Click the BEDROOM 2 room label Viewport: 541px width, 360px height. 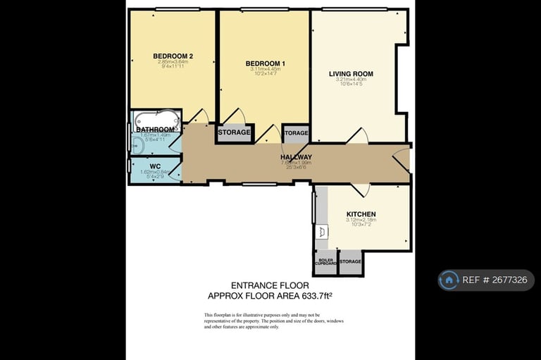pos(173,56)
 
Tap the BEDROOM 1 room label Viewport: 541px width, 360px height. pos(265,63)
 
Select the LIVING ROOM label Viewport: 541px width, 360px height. pos(351,74)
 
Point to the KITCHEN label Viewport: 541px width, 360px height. pos(361,214)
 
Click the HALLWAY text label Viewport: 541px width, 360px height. pos(296,157)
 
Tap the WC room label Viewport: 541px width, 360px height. pos(155,167)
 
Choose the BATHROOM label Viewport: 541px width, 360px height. pos(155,130)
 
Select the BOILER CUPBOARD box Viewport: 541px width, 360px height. pos(326,262)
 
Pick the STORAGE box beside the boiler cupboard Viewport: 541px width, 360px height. pos(350,262)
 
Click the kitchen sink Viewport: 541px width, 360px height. pos(323,230)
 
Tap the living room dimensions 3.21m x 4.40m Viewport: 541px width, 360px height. pos(351,80)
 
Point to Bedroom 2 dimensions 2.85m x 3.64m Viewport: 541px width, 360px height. pos(173,62)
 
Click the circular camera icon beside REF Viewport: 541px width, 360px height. pos(448,280)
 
